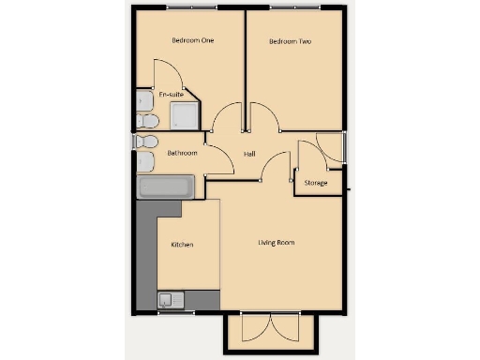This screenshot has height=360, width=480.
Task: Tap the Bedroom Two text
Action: (290, 41)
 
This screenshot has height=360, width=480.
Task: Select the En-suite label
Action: (170, 95)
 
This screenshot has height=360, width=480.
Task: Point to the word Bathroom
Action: (182, 153)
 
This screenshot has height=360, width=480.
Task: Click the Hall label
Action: (249, 154)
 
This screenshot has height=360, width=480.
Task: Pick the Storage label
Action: (316, 183)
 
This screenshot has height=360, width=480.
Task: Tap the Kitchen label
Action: (182, 245)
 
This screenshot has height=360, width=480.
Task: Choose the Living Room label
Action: (277, 243)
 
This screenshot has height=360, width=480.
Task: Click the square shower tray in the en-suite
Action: (184, 115)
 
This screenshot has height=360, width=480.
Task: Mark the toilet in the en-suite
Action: (145, 121)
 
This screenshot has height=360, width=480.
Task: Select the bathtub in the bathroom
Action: (167, 187)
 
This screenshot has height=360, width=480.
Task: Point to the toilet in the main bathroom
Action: (145, 142)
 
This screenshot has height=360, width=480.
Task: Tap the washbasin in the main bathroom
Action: (146, 162)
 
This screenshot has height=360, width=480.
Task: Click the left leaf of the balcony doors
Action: (254, 330)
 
